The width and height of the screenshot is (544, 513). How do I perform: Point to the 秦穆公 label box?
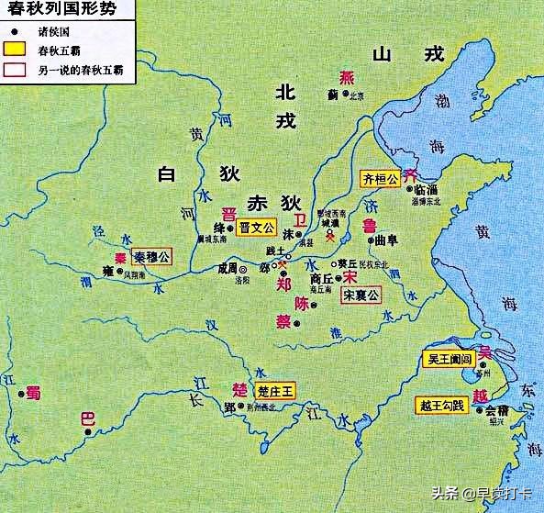click(151, 257)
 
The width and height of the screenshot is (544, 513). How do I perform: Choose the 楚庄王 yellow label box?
click(276, 391)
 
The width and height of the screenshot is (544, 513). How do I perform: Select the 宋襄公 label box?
click(361, 296)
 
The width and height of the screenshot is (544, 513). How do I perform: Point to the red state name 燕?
click(346, 78)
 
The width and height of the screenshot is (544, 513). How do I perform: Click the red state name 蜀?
click(33, 392)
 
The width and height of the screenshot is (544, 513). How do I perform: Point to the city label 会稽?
click(496, 410)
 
